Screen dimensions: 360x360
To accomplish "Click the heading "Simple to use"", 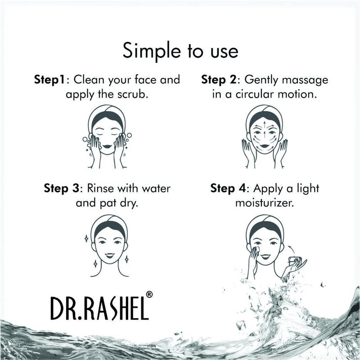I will pos(180,51).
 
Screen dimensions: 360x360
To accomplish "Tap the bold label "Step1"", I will pos(49,80).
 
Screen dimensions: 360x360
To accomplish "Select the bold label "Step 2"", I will pos(220,80).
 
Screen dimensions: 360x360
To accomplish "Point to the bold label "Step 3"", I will pos(62,188).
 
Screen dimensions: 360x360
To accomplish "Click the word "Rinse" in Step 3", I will pos(104,188).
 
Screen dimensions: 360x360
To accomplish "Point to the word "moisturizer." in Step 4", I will pos(264,202).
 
